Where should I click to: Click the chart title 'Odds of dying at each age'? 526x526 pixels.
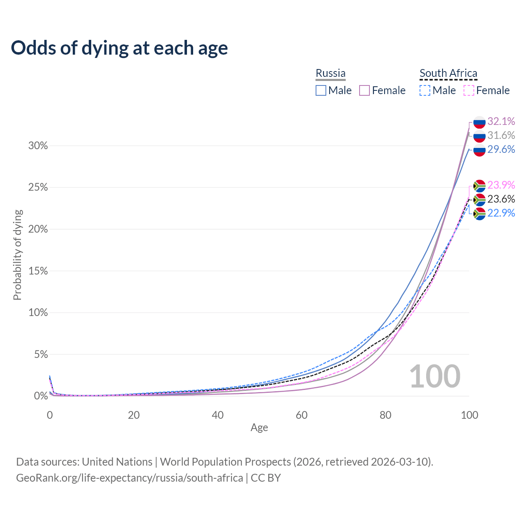119,48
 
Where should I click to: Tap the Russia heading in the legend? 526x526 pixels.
330,73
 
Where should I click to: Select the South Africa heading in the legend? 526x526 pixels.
448,73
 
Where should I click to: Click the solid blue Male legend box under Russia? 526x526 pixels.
321,90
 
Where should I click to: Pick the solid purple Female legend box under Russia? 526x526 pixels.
365,90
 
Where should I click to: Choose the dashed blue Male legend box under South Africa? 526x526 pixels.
425,90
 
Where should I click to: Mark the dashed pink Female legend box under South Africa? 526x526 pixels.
469,90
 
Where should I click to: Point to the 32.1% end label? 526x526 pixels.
501,121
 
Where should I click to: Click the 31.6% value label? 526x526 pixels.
501,135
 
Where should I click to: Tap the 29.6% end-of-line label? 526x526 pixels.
501,149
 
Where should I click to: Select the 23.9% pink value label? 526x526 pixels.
501,185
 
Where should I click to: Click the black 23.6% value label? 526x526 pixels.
501,199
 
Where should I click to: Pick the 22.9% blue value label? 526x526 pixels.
501,213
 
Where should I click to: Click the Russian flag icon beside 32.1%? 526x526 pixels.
479,122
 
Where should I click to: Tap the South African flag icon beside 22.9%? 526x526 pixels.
479,214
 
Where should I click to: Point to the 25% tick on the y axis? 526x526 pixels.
38,187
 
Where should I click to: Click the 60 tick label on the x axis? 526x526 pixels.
302,415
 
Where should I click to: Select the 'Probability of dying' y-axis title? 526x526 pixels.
17,255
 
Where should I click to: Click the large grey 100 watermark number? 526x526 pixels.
435,376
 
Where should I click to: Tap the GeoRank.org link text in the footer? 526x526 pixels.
129,478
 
